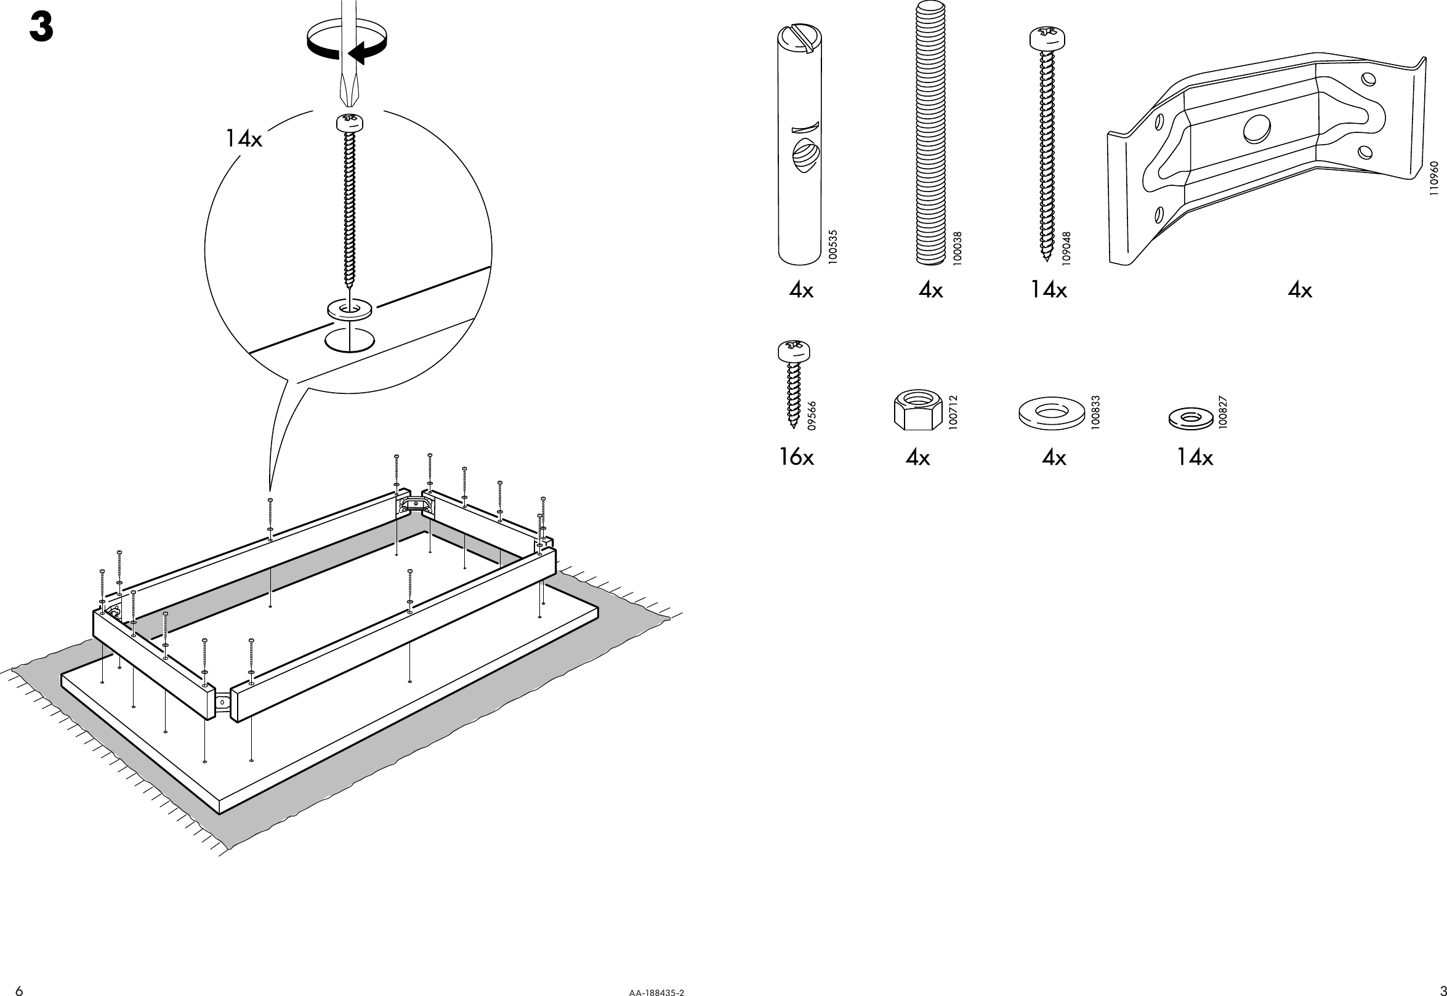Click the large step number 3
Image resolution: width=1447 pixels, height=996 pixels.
[41, 29]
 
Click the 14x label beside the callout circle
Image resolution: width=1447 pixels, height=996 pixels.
[243, 139]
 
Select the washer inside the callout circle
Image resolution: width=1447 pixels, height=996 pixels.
[349, 308]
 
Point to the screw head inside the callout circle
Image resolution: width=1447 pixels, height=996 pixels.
[350, 122]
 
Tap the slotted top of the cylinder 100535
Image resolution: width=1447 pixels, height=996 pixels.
[800, 44]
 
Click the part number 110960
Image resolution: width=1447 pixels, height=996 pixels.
[1434, 180]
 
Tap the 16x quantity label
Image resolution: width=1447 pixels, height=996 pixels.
[796, 458]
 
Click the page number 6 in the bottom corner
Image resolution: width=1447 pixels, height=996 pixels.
[19, 990]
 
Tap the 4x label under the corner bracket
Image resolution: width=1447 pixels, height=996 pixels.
[1300, 290]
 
